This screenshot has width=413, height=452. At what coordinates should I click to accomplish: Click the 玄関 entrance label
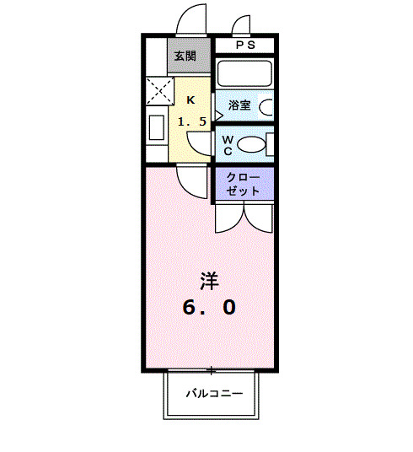[185, 56]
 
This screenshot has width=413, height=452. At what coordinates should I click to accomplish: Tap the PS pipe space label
[244, 46]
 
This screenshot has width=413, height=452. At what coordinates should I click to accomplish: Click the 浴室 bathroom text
[239, 105]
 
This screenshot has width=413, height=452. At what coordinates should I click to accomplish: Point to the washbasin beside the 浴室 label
[266, 107]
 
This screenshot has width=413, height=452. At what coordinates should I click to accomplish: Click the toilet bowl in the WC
[250, 144]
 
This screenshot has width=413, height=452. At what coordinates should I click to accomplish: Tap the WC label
[228, 144]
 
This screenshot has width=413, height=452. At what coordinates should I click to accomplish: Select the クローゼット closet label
[244, 184]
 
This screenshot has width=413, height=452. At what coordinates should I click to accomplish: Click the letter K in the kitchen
[190, 100]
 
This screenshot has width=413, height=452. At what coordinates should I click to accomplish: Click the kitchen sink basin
[156, 128]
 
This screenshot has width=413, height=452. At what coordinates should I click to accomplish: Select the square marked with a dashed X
[158, 90]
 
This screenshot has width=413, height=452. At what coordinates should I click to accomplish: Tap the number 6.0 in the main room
[209, 308]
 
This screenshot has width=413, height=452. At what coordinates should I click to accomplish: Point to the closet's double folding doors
[244, 217]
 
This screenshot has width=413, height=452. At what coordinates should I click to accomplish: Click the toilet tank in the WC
[268, 144]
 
